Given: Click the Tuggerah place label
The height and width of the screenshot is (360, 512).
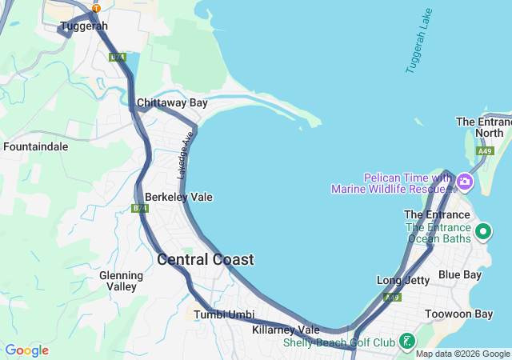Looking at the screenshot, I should click(83, 26).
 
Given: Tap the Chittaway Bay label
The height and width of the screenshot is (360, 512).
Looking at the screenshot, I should click(172, 103).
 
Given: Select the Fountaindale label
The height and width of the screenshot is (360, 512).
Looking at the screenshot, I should click(36, 147).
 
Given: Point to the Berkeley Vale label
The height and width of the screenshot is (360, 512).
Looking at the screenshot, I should click(178, 197).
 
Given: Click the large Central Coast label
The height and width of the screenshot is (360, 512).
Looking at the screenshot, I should click(206, 260).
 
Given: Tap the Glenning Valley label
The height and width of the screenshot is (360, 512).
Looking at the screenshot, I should click(122, 281).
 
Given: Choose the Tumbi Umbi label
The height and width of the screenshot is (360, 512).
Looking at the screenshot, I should click(224, 314).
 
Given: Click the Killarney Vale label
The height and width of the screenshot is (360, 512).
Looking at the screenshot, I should click(286, 330).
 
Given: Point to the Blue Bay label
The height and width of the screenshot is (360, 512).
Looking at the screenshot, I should click(460, 275).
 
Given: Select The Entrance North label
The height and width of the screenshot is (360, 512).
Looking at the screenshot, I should click(484, 127).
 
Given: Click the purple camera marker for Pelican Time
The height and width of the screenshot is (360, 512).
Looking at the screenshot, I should click(465, 183).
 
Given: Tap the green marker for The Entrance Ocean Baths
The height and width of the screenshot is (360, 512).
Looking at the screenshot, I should click(483, 232).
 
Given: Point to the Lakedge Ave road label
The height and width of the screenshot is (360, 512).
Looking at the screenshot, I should click(185, 155).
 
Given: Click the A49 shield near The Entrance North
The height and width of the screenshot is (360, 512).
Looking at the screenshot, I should click(484, 150).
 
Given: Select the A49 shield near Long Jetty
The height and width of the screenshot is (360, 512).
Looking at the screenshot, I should click(391, 298).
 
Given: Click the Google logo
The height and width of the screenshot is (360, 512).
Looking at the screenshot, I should click(26, 350).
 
